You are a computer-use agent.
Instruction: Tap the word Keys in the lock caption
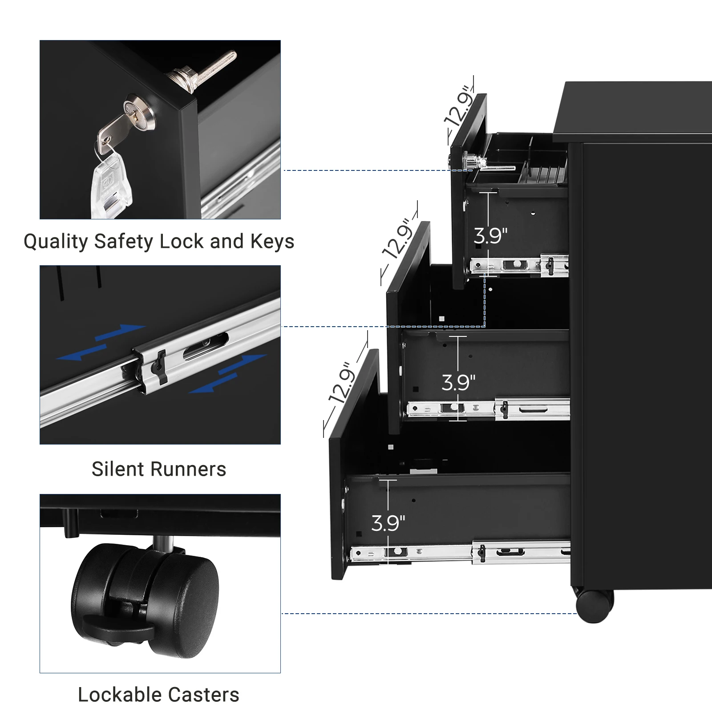[x=272, y=242]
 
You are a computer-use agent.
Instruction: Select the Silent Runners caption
[x=159, y=469]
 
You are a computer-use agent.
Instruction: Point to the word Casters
[x=204, y=695]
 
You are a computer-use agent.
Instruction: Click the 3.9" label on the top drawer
[x=490, y=236]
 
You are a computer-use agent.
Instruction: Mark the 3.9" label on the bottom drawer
[x=388, y=523]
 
